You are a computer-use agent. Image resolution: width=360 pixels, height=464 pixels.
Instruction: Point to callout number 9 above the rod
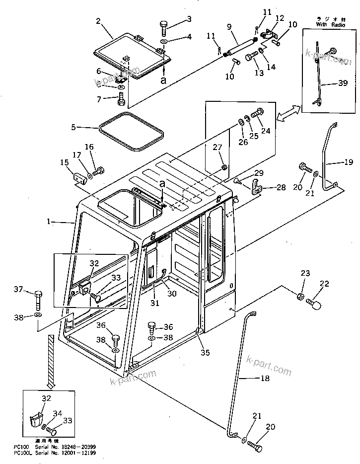click(x=229, y=27)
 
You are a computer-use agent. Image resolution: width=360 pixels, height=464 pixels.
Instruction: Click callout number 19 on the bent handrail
click(x=348, y=162)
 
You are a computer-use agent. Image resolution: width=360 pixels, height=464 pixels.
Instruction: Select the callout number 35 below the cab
click(x=205, y=353)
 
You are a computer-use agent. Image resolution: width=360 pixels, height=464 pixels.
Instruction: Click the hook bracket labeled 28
click(x=257, y=189)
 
